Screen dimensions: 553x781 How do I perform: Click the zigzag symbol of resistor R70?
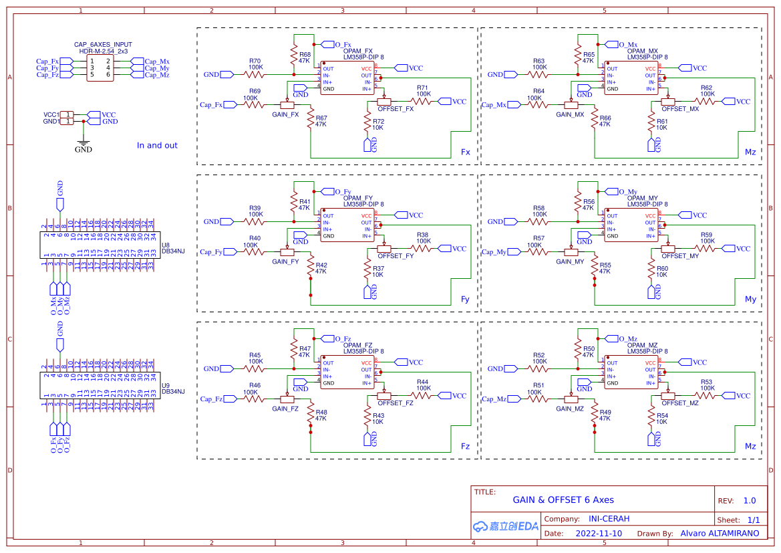(255, 74)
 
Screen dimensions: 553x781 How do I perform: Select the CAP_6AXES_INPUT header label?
(103, 44)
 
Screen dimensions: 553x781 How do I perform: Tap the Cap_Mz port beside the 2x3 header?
(157, 75)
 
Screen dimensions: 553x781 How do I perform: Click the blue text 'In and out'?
(157, 145)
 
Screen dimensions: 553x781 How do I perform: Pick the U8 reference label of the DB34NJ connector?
(166, 245)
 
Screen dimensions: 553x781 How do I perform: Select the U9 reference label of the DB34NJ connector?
(166, 385)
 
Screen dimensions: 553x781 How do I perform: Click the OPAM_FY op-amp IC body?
(347, 226)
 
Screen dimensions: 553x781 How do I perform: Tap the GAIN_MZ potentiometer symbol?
(571, 399)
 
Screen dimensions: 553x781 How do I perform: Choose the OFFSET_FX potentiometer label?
(396, 109)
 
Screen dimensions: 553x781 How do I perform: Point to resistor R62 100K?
(706, 101)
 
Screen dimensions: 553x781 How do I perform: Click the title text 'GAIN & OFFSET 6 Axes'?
(563, 500)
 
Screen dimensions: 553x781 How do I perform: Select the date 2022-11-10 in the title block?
(598, 534)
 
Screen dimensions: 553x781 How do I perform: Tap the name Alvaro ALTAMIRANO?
(720, 534)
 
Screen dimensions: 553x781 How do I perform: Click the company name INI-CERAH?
(609, 518)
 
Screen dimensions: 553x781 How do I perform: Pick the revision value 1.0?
(749, 500)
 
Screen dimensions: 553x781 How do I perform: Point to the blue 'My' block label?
(750, 299)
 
